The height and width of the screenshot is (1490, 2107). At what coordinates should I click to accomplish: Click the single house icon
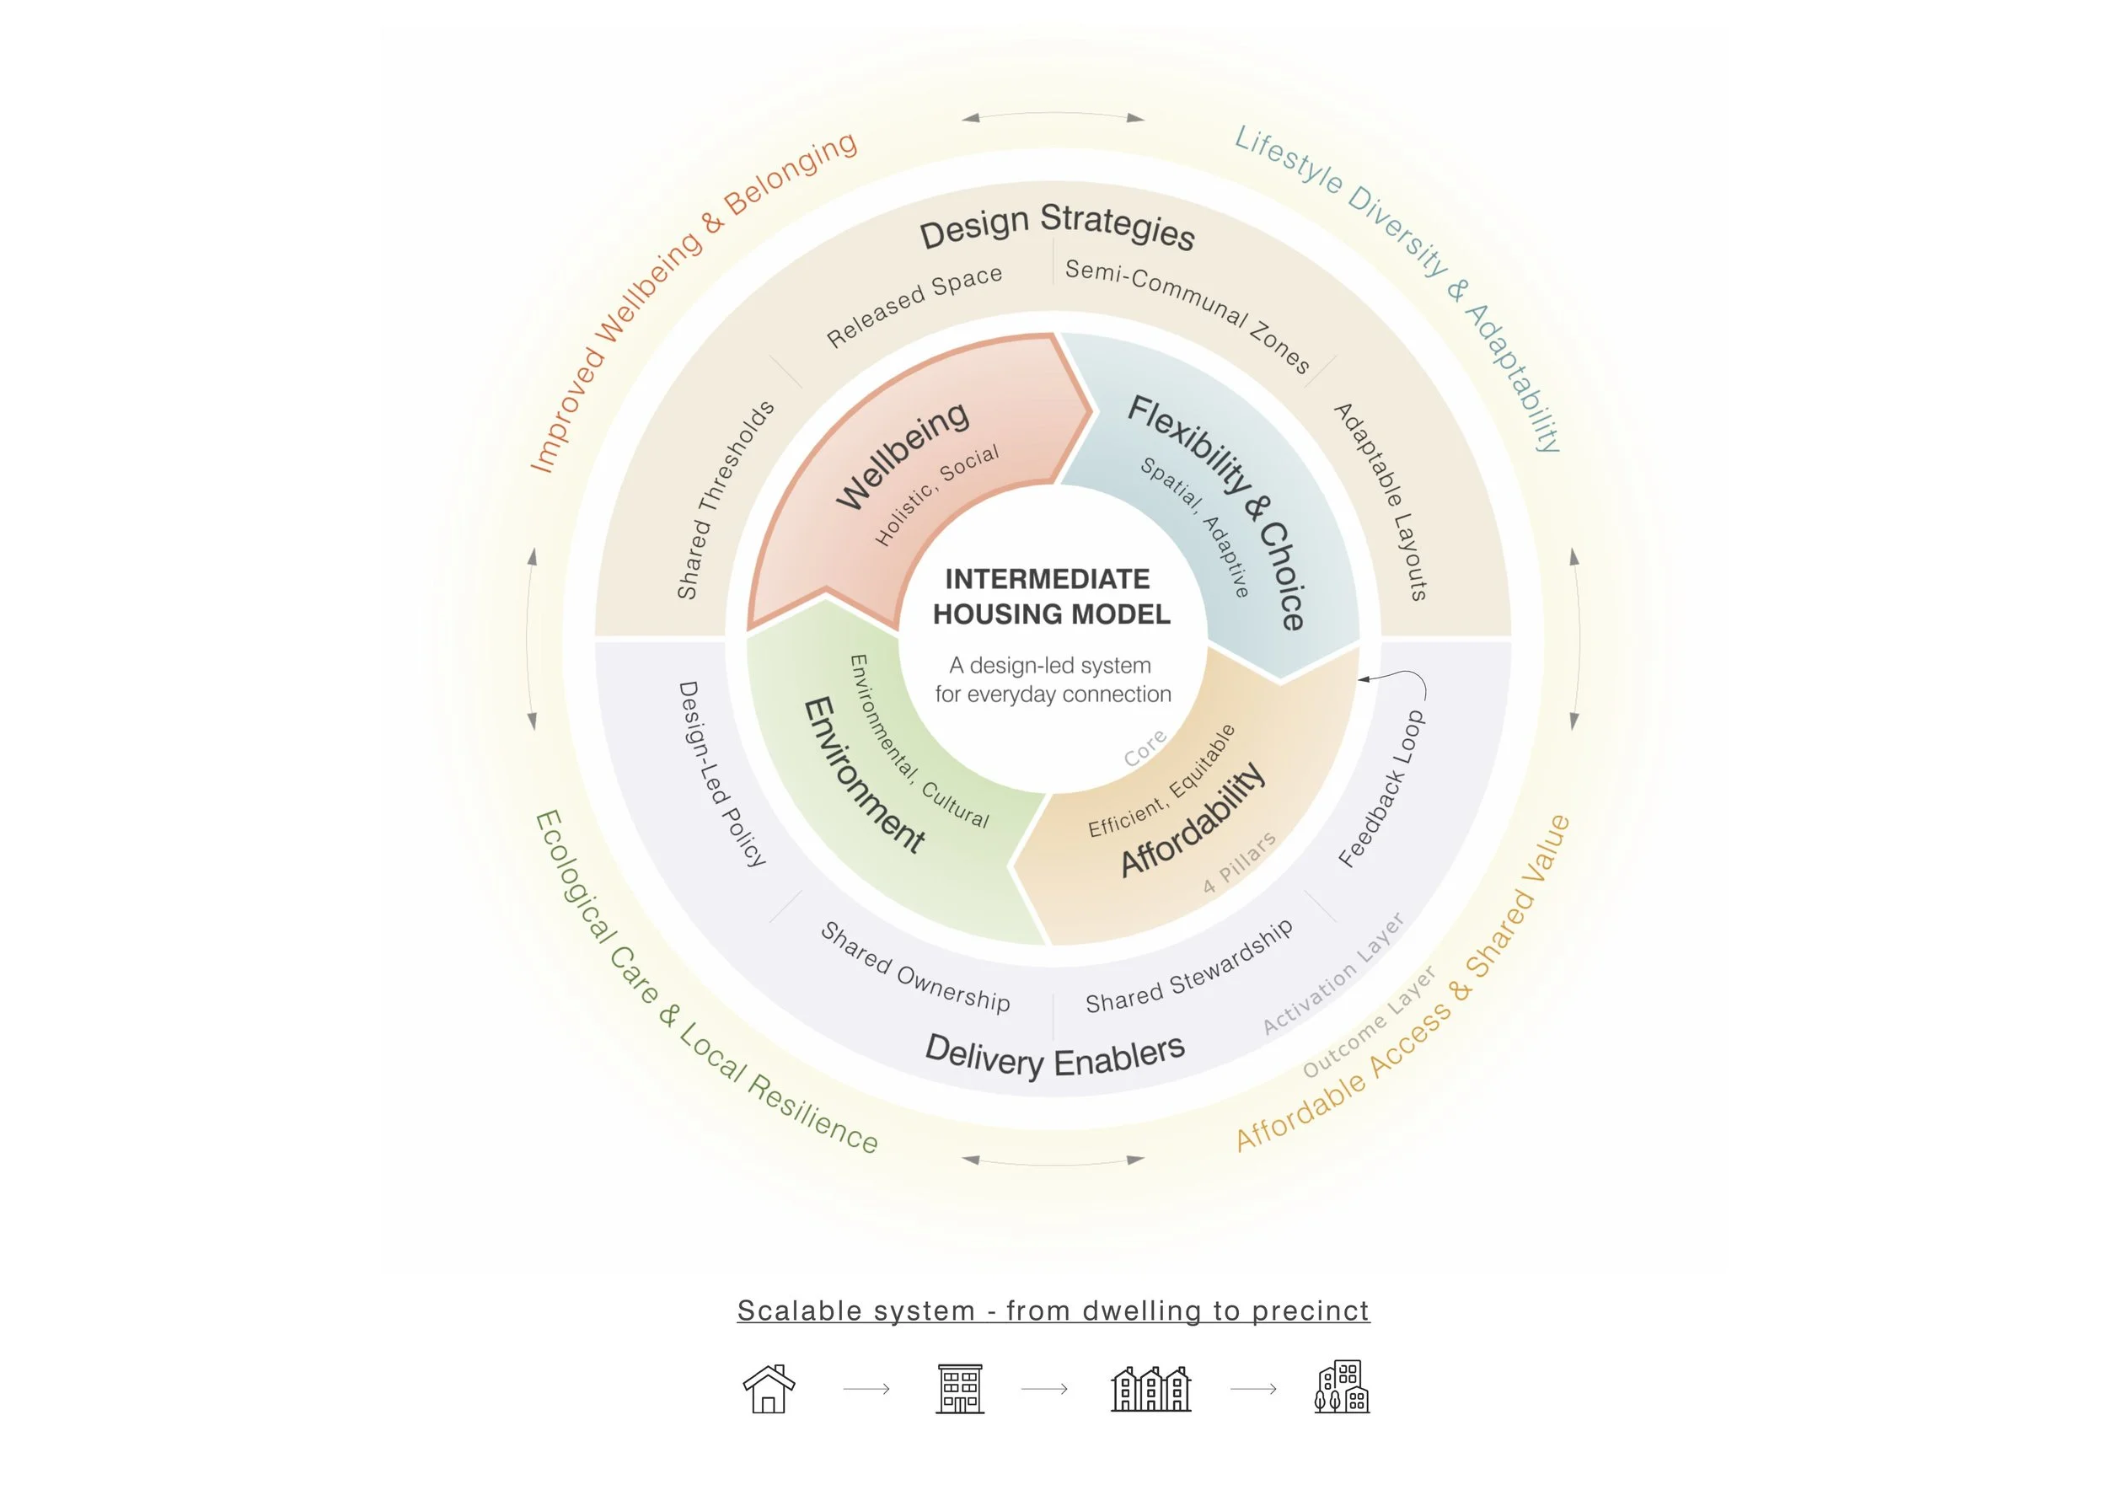[768, 1388]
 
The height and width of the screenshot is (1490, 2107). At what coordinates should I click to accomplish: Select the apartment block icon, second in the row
[960, 1388]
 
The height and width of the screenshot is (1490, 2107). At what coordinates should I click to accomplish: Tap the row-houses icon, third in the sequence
[1150, 1388]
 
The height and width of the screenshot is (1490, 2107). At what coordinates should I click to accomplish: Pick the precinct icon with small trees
[1342, 1387]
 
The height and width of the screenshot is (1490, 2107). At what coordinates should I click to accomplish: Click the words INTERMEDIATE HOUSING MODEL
[1051, 597]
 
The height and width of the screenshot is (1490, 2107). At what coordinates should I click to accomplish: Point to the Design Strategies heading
[1057, 226]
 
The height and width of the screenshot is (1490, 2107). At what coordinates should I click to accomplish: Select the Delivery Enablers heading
[1054, 1058]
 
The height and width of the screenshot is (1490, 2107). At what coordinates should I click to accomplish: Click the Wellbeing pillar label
[901, 455]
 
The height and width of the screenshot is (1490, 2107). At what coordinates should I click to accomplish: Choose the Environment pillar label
[863, 776]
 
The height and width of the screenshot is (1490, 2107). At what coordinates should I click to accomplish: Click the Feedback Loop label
[1381, 789]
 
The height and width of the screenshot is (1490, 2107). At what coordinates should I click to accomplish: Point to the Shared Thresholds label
[725, 501]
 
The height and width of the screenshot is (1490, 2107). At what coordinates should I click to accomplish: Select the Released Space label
[914, 307]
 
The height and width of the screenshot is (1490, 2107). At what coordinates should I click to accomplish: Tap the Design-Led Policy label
[722, 774]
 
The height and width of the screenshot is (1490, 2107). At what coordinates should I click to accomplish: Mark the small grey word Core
[1145, 748]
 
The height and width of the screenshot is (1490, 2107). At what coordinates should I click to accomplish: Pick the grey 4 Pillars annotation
[1239, 862]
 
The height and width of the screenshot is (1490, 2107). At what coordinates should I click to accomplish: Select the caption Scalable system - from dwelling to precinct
[1053, 1311]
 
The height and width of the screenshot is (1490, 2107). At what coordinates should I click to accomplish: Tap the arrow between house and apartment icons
[866, 1389]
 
